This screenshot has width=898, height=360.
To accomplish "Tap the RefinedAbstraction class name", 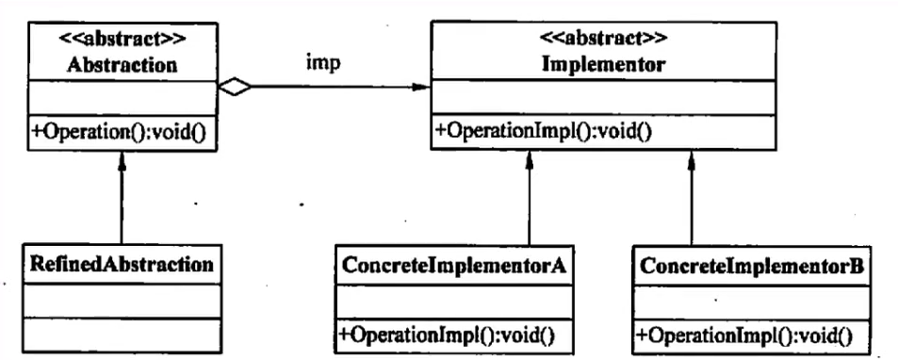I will (122, 263).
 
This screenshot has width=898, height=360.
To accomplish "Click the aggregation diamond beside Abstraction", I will (236, 89).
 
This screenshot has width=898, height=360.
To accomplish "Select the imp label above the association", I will (322, 64).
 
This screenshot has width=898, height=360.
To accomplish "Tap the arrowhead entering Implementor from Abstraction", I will (425, 89).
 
